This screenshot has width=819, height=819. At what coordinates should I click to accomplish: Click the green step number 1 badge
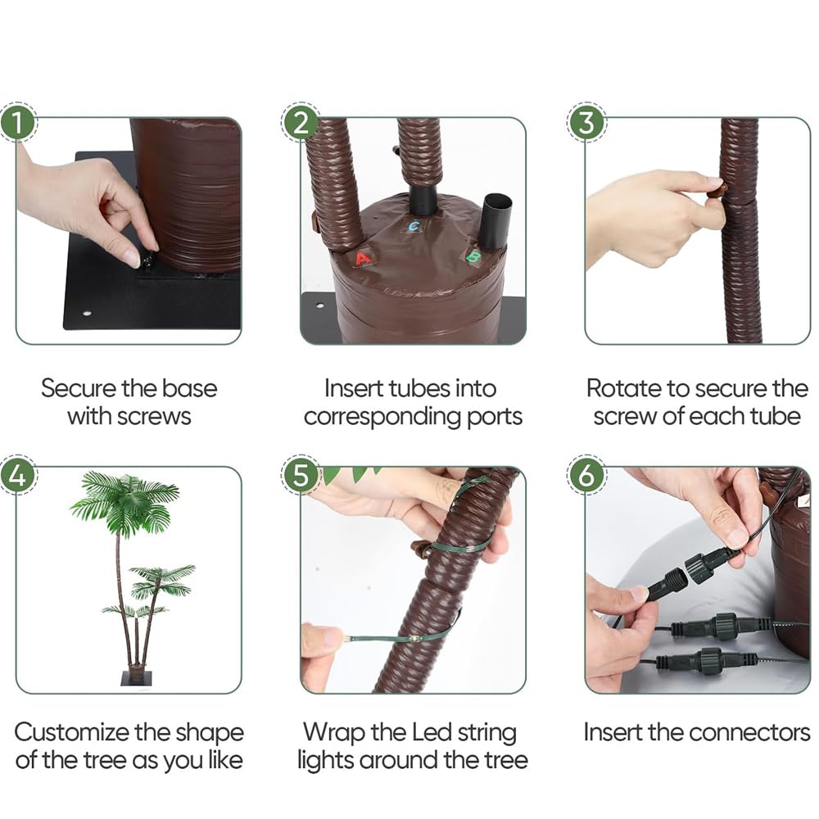pos(18,122)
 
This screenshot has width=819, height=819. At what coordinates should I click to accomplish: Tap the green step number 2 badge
pos(301,122)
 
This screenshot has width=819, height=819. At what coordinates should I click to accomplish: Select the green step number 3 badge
pos(586,122)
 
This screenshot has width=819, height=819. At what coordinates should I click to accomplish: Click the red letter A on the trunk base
pos(363,258)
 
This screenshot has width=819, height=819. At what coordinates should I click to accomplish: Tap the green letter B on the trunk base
pos(473,256)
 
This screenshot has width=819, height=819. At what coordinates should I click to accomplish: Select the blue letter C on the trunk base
pos(414,226)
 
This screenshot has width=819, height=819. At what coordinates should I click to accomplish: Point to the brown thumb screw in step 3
pos(715,190)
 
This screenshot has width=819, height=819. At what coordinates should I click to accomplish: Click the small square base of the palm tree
pos(136,678)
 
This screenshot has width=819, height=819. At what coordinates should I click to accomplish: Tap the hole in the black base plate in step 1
pos(86,314)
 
